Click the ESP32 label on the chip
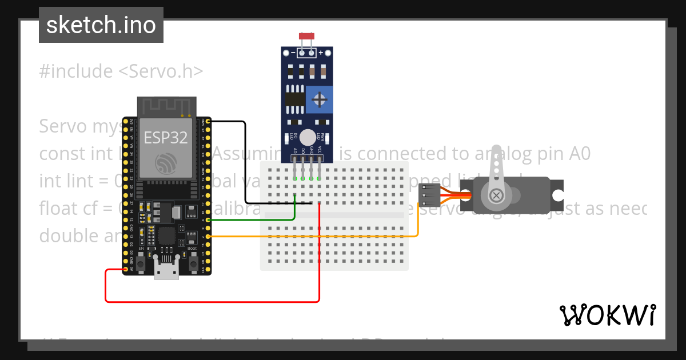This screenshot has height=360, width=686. click(x=166, y=138)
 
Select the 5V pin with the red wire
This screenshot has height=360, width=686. click(x=125, y=269)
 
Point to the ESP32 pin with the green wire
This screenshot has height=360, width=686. click(x=208, y=219)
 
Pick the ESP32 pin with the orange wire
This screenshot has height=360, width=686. click(x=208, y=236)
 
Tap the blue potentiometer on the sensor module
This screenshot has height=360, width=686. click(x=320, y=100)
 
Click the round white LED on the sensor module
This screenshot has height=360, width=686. click(x=308, y=138)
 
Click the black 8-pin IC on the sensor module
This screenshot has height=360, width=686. click(x=294, y=99)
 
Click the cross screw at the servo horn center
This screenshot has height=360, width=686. click(x=496, y=195)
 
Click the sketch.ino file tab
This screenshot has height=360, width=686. click(x=101, y=25)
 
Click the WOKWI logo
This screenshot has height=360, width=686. click(x=607, y=315)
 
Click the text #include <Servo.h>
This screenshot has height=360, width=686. click(x=121, y=71)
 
